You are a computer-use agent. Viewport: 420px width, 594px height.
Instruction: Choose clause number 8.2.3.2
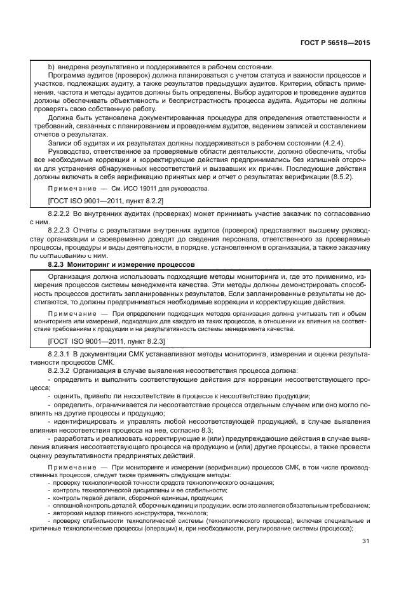[x=62, y=369]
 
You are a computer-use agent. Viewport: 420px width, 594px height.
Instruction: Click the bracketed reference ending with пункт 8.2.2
[x=107, y=202]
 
